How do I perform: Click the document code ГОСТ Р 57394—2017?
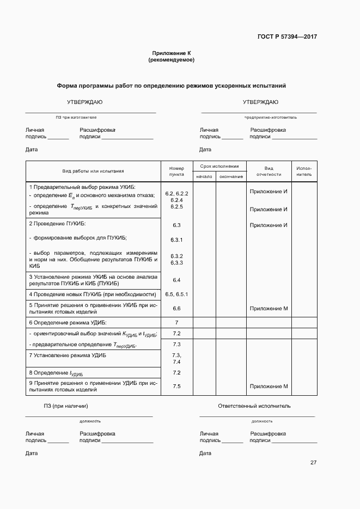(287, 37)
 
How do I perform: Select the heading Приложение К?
(172, 53)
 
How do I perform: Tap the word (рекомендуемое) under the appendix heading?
(172, 60)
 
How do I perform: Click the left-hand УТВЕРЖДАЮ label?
(84, 102)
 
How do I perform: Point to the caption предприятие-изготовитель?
(270, 117)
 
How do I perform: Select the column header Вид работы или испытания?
(93, 171)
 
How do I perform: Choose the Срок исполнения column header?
(219, 165)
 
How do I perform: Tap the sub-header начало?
(204, 176)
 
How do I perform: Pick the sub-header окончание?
(231, 176)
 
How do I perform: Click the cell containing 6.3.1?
(176, 240)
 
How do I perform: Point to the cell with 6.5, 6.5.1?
(176, 294)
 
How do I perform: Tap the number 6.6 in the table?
(176, 309)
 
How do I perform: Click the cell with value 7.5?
(176, 386)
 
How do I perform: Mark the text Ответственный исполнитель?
(254, 406)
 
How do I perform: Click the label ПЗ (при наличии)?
(66, 406)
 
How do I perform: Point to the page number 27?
(313, 463)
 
